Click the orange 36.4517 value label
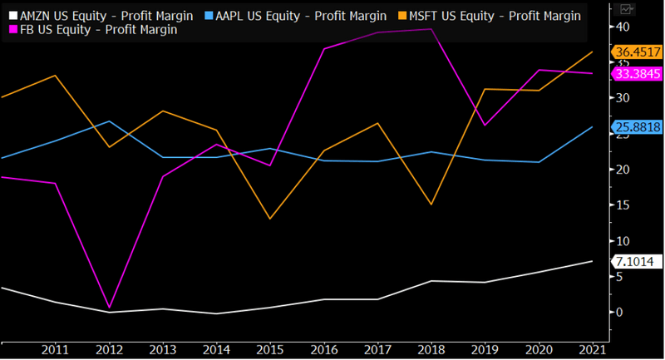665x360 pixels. pos(637,52)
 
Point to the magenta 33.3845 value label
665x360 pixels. pos(637,74)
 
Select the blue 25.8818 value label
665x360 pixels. pos(637,127)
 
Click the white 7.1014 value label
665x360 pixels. pos(637,262)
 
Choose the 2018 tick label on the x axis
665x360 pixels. pos(431,349)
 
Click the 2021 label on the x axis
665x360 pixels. pos(591,349)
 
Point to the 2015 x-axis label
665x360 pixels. pos(271,349)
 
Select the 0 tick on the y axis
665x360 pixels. pos(619,313)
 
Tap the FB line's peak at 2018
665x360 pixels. pos(431,29)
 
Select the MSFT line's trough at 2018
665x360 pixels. pos(431,205)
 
